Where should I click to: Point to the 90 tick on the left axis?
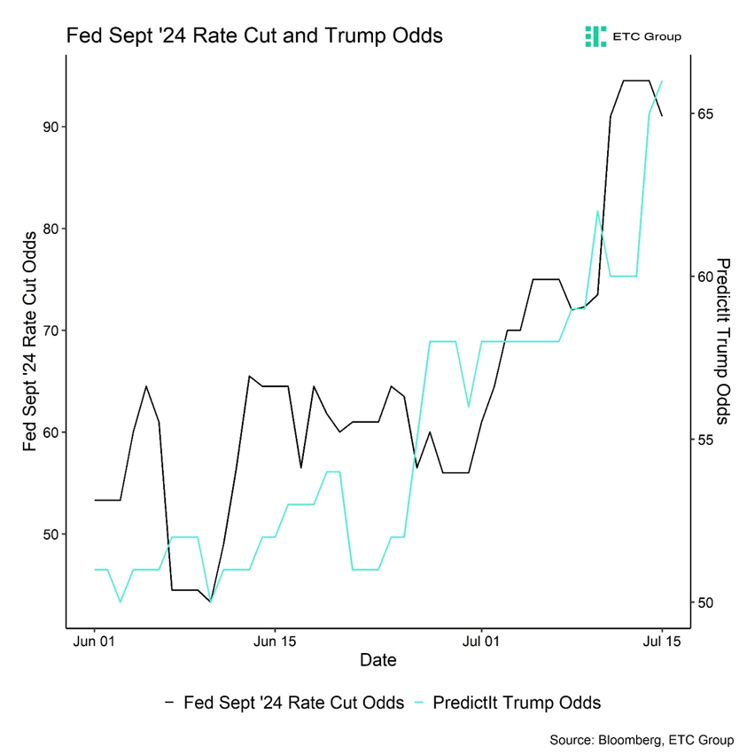tap(50, 127)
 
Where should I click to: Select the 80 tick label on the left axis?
tap(50, 229)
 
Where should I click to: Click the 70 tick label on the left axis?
tap(50, 331)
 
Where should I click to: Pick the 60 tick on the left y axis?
tap(50, 432)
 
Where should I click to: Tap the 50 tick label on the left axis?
tap(50, 534)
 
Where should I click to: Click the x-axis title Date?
tap(377, 660)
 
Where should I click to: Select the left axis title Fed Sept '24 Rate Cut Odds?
tap(29, 341)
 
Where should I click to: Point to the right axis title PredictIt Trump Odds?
tap(723, 341)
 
